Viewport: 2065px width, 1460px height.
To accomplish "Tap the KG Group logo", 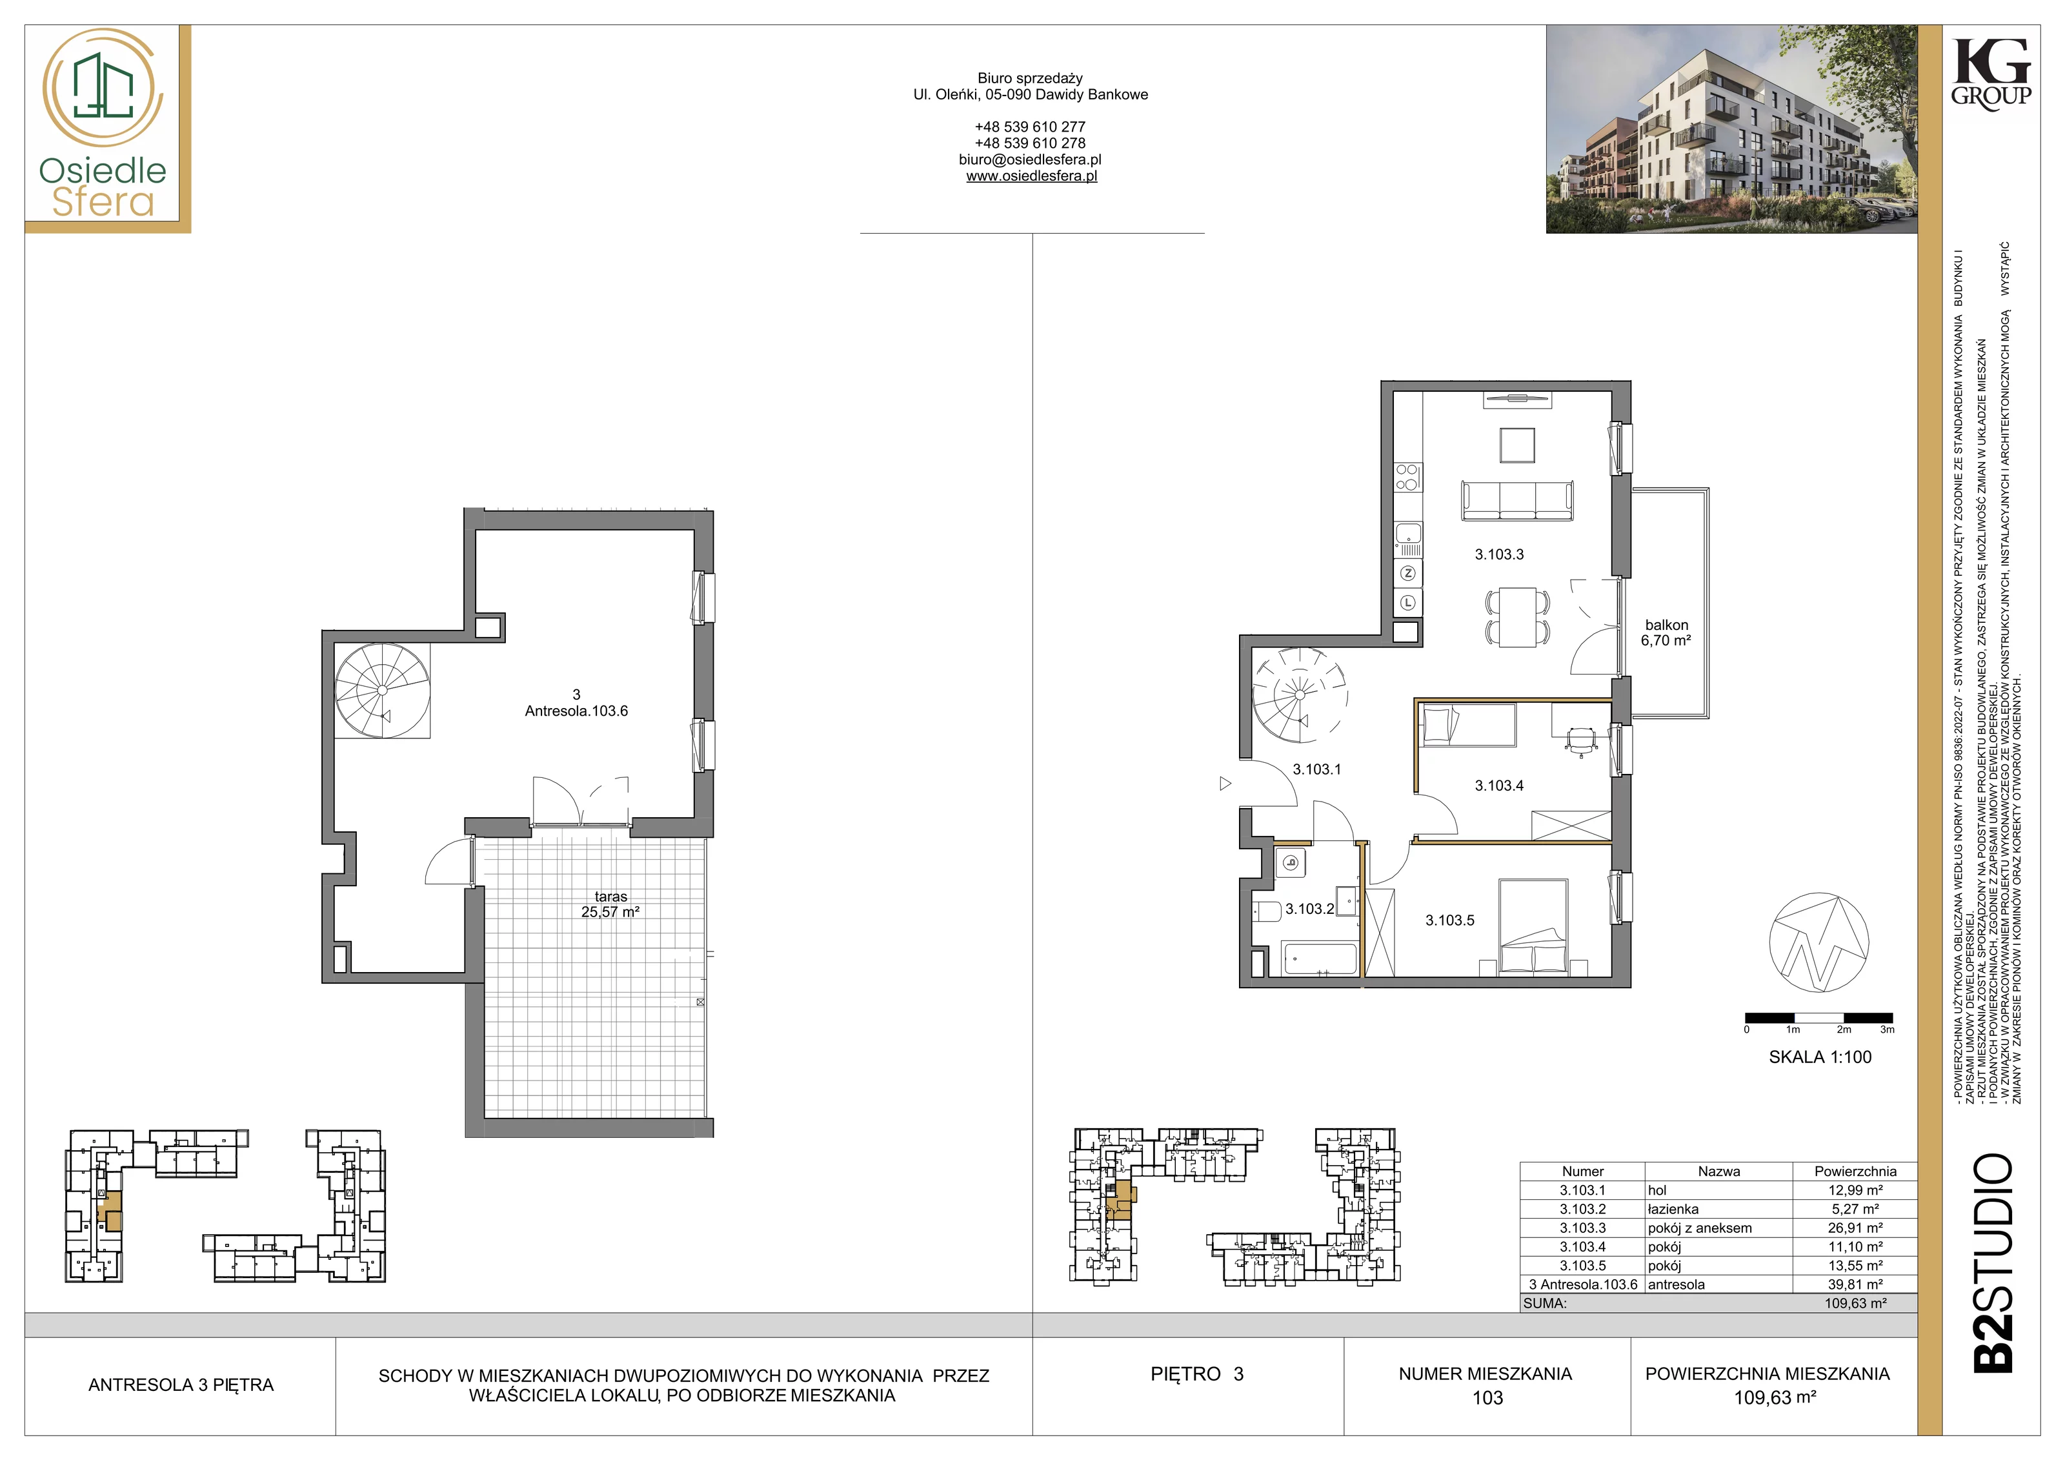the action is pos(1990,73).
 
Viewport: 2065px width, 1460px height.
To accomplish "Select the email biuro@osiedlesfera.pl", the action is pos(1031,159).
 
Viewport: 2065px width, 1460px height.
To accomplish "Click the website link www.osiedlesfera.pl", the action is pos(1032,176).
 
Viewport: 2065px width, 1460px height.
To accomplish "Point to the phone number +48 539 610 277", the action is pos(1031,127).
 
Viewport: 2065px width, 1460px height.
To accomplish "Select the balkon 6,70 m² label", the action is pos(1667,633).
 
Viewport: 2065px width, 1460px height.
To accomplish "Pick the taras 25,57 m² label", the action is pos(610,904).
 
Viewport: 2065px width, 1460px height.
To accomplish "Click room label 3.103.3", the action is pos(1499,555).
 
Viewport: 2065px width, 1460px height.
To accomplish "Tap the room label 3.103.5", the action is pos(1450,920).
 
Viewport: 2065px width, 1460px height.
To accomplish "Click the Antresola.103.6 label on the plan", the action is pos(576,711).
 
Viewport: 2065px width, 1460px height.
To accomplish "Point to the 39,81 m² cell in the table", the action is pos(1855,1284).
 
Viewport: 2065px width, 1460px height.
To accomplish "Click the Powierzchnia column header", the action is pos(1855,1171).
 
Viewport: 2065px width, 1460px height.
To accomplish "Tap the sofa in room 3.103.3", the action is pos(1517,500).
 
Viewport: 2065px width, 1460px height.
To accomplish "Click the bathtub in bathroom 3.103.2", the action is pos(1320,959).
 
